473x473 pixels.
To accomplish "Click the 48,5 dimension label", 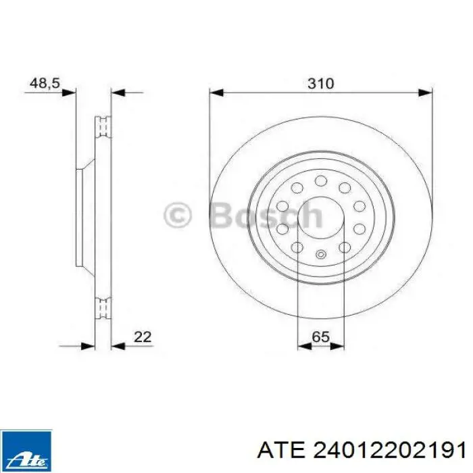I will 45,83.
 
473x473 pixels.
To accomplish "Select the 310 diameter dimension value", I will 321,83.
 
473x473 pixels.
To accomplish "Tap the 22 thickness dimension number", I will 142,336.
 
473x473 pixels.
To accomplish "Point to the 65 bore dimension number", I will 320,336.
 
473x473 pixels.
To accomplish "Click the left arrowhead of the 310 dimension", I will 216,93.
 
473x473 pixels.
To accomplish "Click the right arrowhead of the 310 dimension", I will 425,93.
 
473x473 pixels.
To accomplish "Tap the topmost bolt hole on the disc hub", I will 321,181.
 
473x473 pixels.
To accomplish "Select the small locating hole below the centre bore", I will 321,255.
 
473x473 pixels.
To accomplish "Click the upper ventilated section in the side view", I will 103,127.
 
